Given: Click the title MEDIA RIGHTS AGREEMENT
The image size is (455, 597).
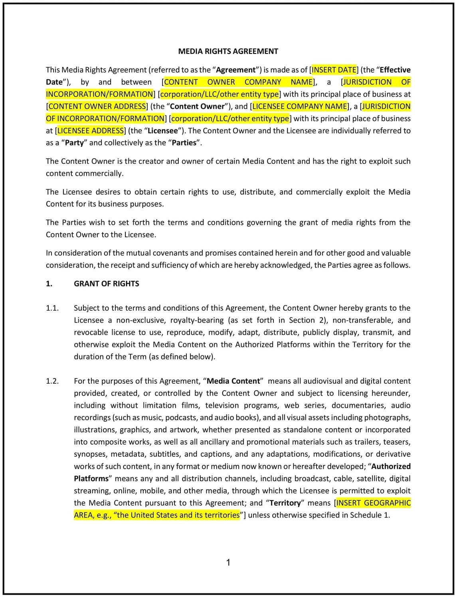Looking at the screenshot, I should (x=228, y=51).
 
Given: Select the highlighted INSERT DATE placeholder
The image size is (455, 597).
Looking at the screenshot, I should (x=334, y=70).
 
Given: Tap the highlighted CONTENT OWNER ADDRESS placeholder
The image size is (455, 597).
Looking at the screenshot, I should (x=97, y=106).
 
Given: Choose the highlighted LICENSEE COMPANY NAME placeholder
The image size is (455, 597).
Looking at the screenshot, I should (x=300, y=106).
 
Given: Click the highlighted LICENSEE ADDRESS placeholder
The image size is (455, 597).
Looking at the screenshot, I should (x=91, y=131).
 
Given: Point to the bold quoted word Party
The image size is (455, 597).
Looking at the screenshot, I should (x=74, y=143).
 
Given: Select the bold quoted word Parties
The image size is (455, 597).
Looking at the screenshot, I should (x=184, y=143).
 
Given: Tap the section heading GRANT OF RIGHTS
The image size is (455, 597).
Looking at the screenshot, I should (x=107, y=284).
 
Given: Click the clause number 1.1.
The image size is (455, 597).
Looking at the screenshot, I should (x=52, y=308).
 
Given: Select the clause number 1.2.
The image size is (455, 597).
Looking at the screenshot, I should (x=52, y=381).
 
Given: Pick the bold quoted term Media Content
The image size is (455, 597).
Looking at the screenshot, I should (x=233, y=381).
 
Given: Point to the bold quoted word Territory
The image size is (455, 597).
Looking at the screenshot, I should (x=285, y=503).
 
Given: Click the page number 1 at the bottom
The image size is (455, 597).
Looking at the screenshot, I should (x=228, y=563).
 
